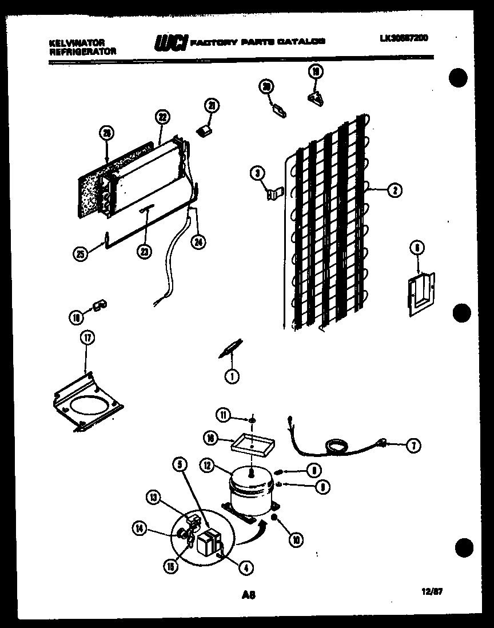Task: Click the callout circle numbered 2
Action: click(394, 190)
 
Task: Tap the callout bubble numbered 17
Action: click(87, 338)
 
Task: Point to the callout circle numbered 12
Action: click(207, 466)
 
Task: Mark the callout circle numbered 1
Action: click(232, 376)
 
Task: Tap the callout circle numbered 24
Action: click(198, 241)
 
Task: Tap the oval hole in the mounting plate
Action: click(89, 406)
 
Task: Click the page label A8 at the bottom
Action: click(248, 595)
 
